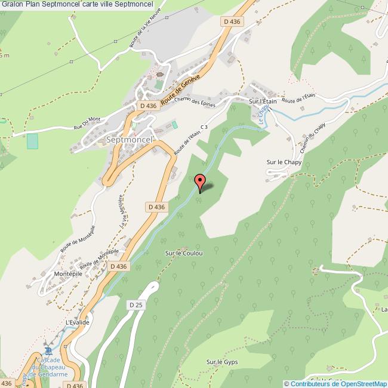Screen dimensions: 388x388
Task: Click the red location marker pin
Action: click(x=199, y=181)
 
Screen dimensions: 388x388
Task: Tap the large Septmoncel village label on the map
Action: click(x=130, y=139)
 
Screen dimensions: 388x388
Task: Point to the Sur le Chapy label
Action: click(x=282, y=162)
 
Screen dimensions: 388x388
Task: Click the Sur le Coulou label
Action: click(x=184, y=253)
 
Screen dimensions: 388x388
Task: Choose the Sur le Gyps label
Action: click(x=222, y=362)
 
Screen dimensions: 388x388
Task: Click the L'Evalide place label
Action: click(x=78, y=322)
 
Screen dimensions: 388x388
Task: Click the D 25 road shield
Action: click(x=136, y=304)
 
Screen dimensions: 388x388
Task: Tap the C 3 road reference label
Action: click(x=204, y=127)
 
